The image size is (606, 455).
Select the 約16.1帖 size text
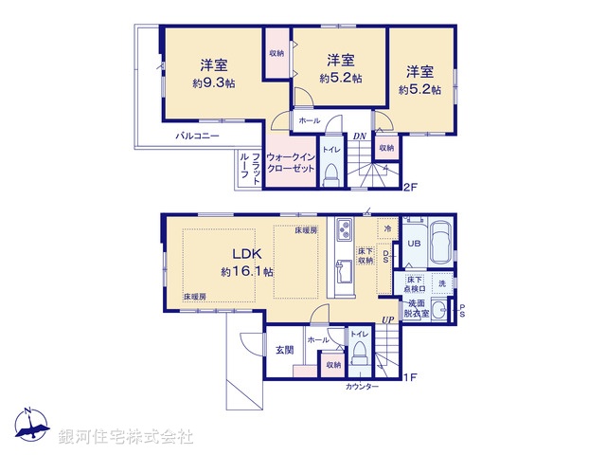pos(247,271)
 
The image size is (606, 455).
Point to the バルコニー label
pos(197,136)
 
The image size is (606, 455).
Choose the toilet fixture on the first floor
pos(360,352)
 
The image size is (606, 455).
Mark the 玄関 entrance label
pos(284,350)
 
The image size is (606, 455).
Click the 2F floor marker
pos(409,187)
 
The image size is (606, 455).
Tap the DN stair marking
pos(360,136)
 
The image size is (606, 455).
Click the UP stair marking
pos(388,319)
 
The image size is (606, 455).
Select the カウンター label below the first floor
pos(361,387)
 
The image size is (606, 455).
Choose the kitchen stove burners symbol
pos(344,229)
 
